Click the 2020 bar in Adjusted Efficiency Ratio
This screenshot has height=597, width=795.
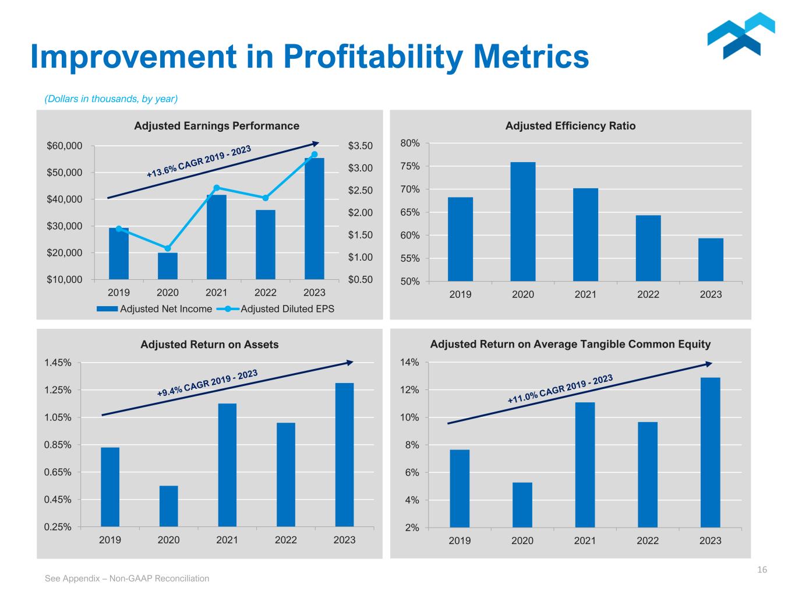pos(522,222)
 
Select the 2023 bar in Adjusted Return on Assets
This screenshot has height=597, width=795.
pos(344,455)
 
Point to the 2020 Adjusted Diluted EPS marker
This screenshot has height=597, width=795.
pos(168,248)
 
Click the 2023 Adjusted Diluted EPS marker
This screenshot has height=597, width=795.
pos(315,154)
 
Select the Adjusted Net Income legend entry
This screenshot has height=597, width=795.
pos(154,309)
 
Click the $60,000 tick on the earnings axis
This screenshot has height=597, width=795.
pos(65,146)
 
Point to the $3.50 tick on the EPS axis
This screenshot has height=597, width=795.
pos(360,146)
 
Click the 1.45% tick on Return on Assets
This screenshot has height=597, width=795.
pos(58,363)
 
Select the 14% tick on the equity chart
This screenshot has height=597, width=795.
pos(410,363)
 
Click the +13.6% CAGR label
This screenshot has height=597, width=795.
pos(199,161)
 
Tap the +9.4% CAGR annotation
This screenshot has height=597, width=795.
pos(207,384)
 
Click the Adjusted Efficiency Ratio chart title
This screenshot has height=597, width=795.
pos(570,126)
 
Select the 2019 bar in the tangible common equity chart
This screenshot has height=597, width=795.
pos(460,489)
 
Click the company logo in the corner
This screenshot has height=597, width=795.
pos(741,36)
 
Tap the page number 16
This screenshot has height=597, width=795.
pos(762,570)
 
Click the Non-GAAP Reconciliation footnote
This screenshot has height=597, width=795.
pos(127,578)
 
